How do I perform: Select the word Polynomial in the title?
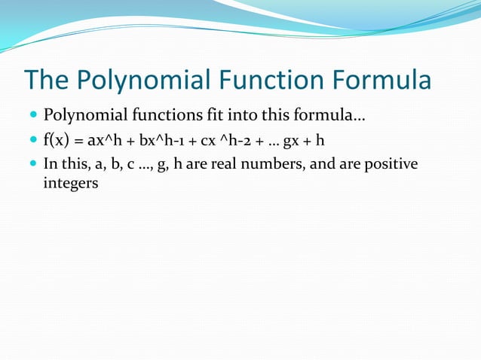(139, 81)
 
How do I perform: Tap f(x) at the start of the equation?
(57, 141)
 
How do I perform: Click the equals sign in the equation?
(78, 142)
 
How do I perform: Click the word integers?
(71, 184)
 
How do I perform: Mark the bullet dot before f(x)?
(34, 141)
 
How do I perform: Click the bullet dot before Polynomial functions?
(34, 117)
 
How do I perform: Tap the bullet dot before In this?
(34, 164)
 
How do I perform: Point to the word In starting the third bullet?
(51, 164)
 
